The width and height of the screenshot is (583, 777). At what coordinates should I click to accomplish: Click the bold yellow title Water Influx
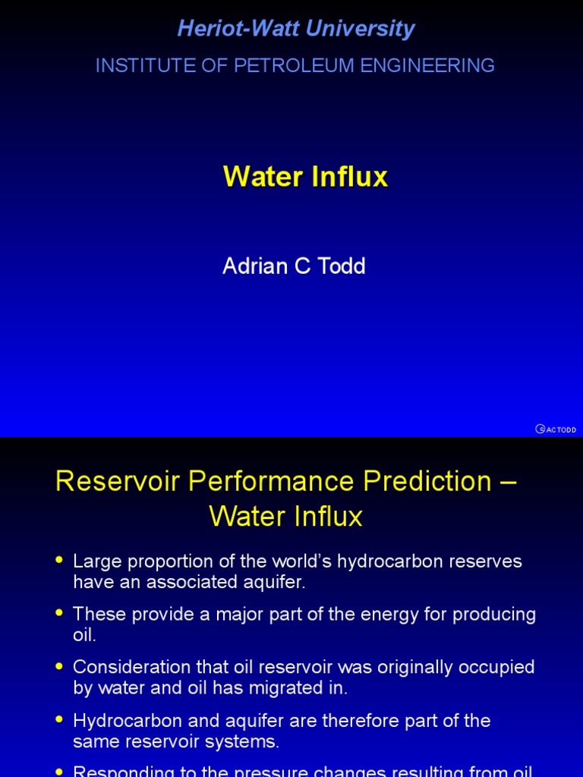point(305,177)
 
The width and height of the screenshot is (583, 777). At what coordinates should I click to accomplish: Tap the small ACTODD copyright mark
point(556,429)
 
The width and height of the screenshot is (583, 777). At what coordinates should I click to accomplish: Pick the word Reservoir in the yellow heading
point(117,481)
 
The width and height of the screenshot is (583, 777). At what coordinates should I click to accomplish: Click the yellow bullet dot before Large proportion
point(60,560)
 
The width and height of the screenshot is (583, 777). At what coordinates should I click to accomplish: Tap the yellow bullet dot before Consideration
point(60,665)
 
